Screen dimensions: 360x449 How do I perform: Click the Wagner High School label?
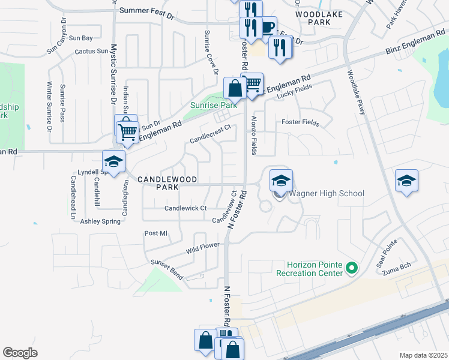click(327, 193)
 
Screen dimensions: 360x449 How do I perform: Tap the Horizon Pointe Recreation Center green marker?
click(352, 268)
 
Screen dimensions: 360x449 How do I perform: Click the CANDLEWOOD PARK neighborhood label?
click(158, 183)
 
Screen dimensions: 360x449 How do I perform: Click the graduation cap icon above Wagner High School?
click(280, 180)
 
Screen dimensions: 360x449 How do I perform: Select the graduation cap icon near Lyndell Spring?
click(113, 161)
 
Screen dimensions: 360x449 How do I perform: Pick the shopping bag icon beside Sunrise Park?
click(235, 89)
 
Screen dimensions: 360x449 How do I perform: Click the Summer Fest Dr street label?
click(146, 11)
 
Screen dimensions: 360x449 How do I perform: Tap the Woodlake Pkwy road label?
click(355, 96)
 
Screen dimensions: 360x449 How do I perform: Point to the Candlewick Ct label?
click(185, 208)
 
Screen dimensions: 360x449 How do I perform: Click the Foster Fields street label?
click(300, 122)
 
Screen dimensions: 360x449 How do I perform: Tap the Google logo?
click(20, 352)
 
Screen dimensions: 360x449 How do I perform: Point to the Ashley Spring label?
click(100, 221)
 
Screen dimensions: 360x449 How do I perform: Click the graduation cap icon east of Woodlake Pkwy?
click(406, 181)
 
